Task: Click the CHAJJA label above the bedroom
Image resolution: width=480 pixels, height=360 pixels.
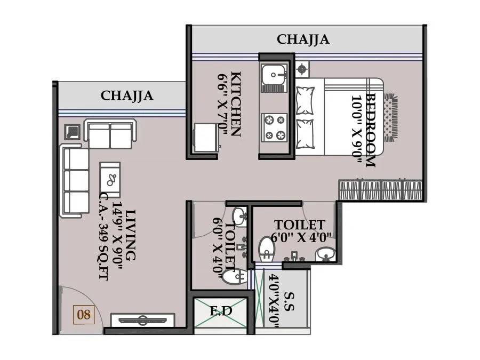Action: [303, 39]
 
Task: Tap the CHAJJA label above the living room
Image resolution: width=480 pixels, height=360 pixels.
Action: [127, 95]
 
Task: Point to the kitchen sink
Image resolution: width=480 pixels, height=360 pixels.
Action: [274, 75]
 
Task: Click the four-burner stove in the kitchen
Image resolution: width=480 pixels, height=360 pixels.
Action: [274, 127]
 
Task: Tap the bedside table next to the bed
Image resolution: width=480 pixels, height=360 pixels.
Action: [302, 68]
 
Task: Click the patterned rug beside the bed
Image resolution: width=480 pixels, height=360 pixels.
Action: [390, 117]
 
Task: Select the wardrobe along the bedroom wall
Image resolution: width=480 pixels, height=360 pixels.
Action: [380, 190]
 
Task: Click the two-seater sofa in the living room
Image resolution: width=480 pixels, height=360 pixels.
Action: [110, 135]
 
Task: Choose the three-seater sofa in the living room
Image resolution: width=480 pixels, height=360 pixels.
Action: [75, 181]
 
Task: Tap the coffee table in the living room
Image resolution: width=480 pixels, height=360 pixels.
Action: [111, 179]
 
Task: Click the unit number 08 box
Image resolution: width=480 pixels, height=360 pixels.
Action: [84, 314]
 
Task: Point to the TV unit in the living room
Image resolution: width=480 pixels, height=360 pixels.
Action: [142, 321]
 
